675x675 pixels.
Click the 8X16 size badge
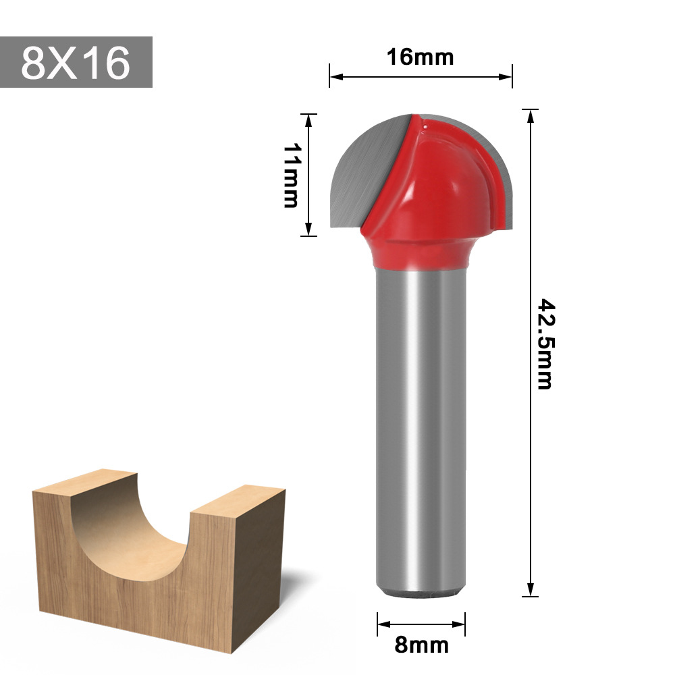[x=76, y=62]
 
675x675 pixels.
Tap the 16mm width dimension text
[x=420, y=57]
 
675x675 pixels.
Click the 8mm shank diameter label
[x=421, y=645]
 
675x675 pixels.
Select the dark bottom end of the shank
[x=421, y=593]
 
